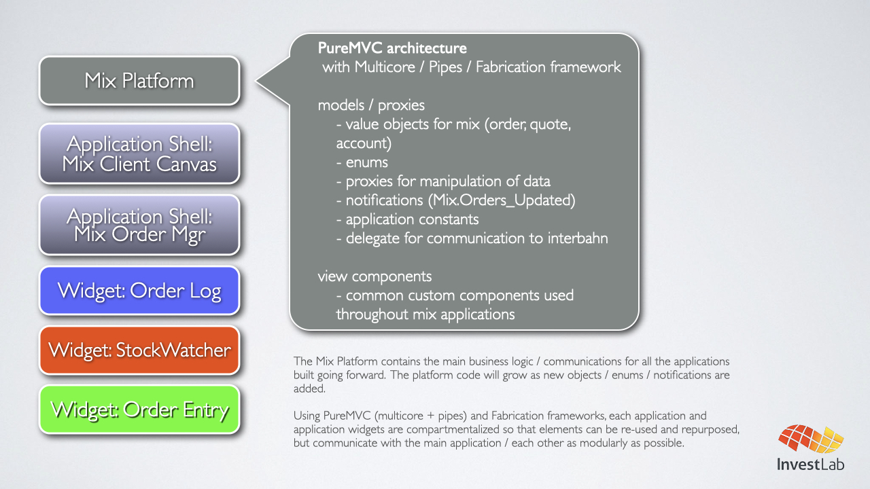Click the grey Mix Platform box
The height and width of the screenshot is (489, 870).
click(139, 81)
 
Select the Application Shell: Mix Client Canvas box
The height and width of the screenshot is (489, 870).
click(139, 153)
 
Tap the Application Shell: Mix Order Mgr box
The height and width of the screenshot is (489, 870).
click(139, 225)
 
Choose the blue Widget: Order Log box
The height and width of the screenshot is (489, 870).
click(139, 291)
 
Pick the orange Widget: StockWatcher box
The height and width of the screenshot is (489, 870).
click(139, 350)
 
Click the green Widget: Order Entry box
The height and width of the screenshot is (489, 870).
click(139, 410)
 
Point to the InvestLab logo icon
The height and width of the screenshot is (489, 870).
click(811, 441)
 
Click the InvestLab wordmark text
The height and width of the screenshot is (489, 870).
click(811, 465)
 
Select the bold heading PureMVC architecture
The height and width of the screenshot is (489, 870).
click(392, 49)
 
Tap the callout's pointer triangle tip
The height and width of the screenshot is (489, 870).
click(257, 82)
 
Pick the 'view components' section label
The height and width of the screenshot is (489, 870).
click(375, 276)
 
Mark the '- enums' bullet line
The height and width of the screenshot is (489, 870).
click(362, 162)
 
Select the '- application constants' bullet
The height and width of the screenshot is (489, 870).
click(407, 219)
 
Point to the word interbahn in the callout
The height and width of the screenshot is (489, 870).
click(578, 238)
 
